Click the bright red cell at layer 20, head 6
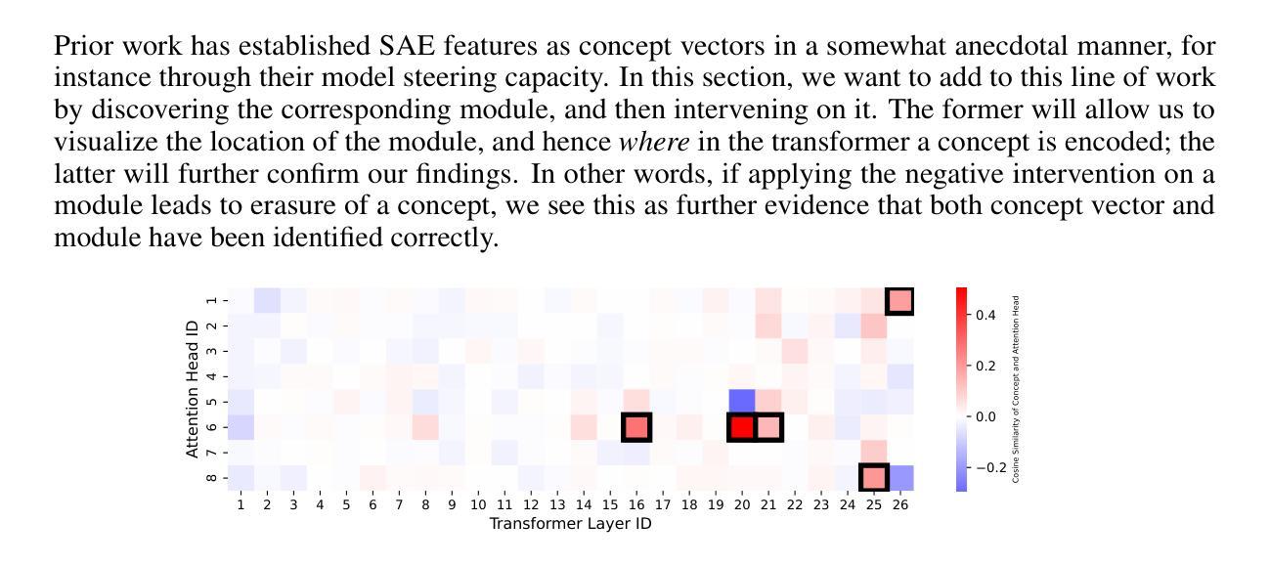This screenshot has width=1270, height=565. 742,427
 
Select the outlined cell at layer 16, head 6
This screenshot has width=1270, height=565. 636,427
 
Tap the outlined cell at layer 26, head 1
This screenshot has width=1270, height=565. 899,301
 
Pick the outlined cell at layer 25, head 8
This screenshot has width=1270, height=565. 874,477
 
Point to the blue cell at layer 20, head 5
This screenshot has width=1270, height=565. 742,402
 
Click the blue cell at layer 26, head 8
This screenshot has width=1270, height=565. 900,477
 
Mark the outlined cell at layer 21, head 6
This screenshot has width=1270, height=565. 768,427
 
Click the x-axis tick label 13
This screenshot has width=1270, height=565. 556,505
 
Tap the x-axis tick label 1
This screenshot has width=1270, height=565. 241,505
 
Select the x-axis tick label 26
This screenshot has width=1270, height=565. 899,505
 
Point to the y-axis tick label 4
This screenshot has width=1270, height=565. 211,376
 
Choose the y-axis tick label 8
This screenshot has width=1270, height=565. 211,478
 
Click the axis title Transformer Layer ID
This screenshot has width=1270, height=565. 570,524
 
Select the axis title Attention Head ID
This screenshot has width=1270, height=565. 192,389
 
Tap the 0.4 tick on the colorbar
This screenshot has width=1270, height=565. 985,315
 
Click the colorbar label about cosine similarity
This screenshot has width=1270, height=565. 1016,389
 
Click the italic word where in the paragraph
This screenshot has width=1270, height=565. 654,142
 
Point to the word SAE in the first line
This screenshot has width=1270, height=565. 407,46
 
